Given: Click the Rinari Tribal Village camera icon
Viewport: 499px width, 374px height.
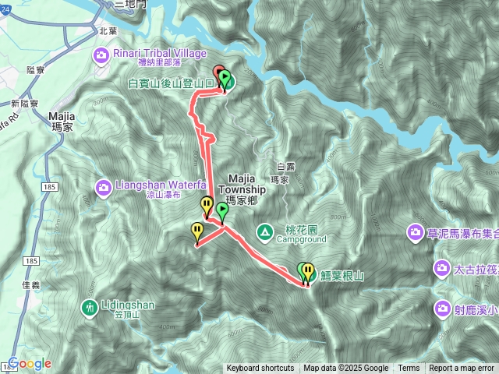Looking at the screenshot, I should [x=101, y=54].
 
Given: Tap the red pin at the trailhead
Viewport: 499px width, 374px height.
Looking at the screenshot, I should [x=219, y=75].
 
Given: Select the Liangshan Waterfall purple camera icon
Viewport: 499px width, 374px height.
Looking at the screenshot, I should [x=103, y=187].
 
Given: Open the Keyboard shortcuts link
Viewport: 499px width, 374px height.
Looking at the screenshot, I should [x=260, y=369].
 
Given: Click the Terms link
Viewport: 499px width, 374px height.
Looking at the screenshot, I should [x=409, y=369].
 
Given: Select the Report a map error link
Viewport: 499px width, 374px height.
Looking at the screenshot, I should [x=462, y=369].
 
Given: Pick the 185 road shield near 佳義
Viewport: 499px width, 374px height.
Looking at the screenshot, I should [x=31, y=260].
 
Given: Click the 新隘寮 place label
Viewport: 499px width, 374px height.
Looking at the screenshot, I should [x=26, y=103].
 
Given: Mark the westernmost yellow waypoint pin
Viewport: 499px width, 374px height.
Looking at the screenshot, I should [x=197, y=231].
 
